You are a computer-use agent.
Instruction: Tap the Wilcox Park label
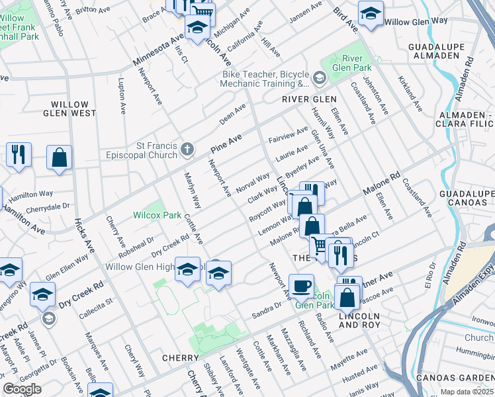[x=157, y=215]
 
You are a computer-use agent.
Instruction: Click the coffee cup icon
[x=302, y=286]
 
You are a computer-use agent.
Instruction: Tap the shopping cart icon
[x=320, y=245]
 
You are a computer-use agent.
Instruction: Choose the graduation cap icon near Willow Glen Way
[x=371, y=13]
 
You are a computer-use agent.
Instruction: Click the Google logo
[x=22, y=389]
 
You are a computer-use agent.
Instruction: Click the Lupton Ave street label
[x=122, y=97]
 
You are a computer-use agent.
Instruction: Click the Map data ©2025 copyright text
[x=467, y=392]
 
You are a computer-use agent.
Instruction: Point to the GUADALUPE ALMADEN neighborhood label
[x=434, y=52]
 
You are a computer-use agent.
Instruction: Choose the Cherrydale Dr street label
[x=47, y=207]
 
